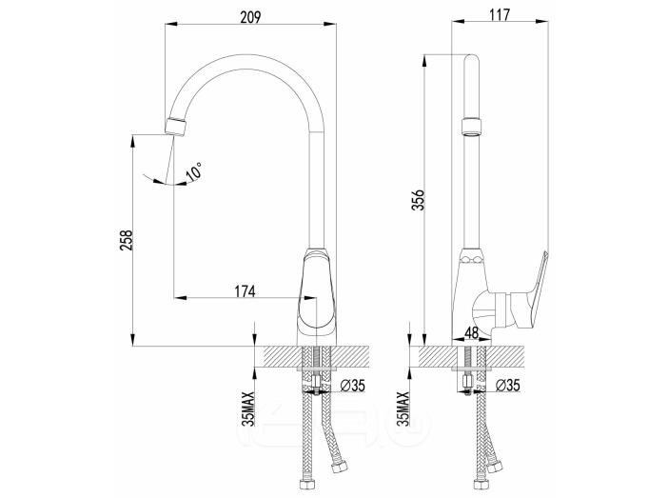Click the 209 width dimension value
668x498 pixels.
coord(250,17)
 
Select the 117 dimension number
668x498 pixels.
coord(500,14)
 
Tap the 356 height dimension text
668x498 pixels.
coord(419,200)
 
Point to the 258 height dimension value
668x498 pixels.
coord(127,240)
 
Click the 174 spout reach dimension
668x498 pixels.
coord(245,291)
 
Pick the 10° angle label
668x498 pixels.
coord(194,171)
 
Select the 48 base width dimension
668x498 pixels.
coord(471,332)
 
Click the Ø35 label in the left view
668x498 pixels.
coord(353,386)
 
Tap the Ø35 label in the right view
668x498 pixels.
coord(508,386)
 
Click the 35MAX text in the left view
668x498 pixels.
coord(248,408)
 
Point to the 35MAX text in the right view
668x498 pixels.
coord(403,408)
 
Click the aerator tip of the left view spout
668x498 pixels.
coord(176,127)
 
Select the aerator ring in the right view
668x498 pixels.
coord(472,127)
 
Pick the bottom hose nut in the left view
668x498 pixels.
coord(307,486)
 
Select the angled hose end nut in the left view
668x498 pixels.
coord(340,466)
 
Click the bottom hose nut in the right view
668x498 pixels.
coord(481,486)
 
